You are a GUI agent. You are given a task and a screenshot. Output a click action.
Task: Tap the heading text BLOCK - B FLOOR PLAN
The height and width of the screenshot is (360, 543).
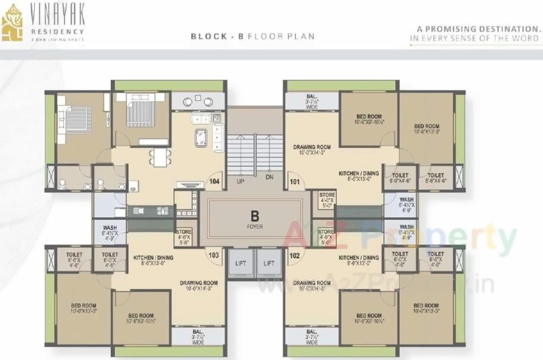(252, 36)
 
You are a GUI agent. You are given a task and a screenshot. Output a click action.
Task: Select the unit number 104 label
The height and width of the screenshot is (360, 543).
(215, 180)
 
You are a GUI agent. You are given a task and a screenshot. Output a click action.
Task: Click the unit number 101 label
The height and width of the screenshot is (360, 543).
(294, 180)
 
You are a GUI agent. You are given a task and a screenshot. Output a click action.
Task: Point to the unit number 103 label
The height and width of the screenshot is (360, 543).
(214, 255)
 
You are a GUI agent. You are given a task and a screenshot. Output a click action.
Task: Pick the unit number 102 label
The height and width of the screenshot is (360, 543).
(294, 255)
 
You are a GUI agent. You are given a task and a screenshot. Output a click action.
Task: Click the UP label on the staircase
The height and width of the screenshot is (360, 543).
(240, 180)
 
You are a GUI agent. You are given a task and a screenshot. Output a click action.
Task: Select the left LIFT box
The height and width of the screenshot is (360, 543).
(240, 263)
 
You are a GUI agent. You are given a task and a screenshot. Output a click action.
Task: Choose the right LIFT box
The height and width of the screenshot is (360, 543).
(269, 263)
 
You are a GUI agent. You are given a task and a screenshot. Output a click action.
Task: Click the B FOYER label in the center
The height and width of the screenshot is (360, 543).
(255, 219)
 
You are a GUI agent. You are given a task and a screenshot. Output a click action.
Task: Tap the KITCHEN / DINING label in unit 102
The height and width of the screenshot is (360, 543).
(358, 258)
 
